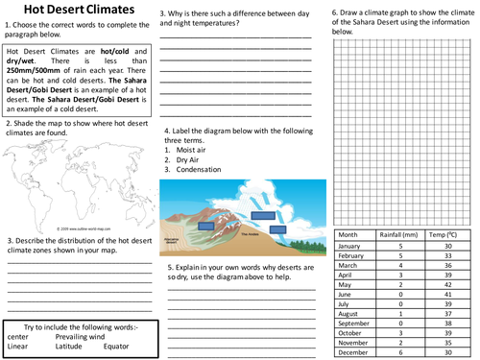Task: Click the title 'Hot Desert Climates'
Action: (x=76, y=12)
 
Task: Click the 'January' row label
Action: (x=353, y=246)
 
